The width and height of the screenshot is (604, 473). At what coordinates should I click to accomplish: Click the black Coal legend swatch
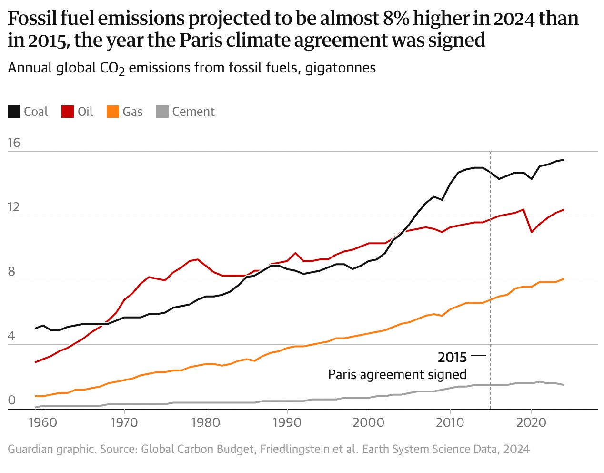click(x=14, y=112)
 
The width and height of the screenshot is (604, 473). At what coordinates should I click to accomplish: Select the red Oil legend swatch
click(x=68, y=112)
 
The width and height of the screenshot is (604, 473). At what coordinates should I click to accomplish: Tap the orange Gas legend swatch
click(x=112, y=112)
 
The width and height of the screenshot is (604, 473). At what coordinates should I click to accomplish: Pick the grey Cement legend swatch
click(x=162, y=112)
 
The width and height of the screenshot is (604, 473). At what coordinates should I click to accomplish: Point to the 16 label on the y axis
click(x=14, y=143)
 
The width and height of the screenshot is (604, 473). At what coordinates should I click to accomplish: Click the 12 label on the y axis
click(x=14, y=207)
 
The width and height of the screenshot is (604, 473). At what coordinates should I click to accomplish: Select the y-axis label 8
click(x=11, y=272)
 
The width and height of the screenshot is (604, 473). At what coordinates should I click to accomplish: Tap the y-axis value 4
click(x=11, y=336)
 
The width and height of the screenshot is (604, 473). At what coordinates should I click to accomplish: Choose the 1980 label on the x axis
click(x=206, y=423)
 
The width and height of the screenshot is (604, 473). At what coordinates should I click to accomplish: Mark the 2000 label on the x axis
click(x=368, y=423)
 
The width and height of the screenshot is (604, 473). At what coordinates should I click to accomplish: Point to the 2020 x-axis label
click(x=531, y=423)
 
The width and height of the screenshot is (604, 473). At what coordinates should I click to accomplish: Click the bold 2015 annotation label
click(x=452, y=357)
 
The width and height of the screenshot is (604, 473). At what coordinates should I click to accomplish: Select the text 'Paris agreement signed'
click(x=397, y=374)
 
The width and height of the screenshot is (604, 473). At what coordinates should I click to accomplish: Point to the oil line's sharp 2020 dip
click(x=531, y=232)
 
